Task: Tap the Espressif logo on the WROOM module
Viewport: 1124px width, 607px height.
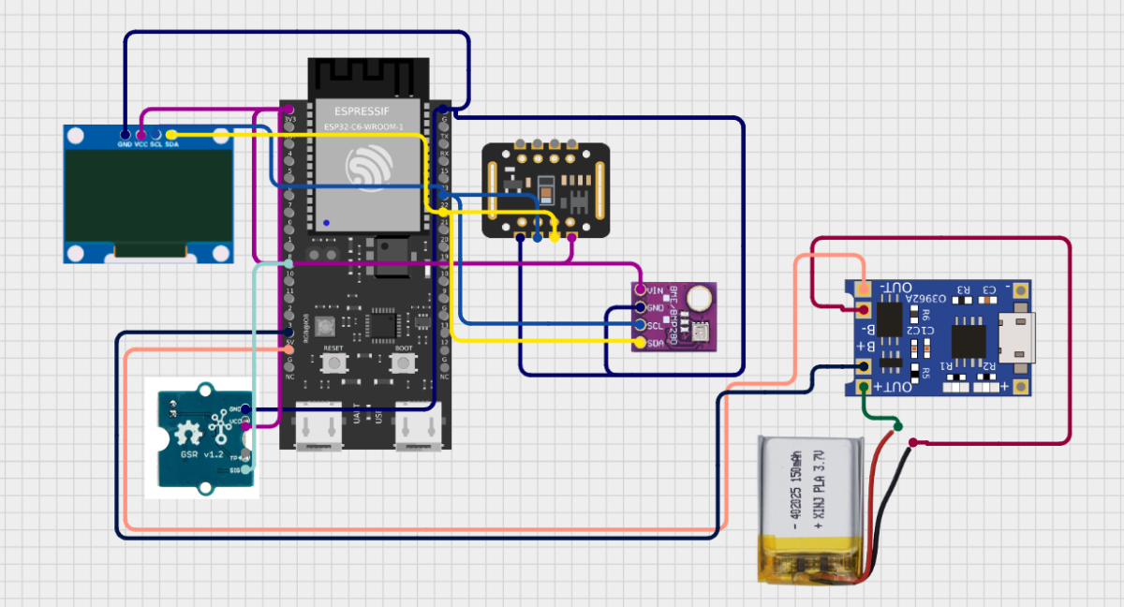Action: (366, 168)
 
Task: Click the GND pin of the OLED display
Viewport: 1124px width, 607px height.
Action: (125, 134)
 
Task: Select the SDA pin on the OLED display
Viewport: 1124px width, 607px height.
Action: (171, 134)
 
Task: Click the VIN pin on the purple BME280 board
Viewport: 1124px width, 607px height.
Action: (640, 290)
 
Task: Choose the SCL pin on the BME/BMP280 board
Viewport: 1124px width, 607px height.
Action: (640, 325)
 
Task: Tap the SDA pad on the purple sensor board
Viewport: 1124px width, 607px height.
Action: (640, 343)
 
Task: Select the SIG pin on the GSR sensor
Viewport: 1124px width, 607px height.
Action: (246, 468)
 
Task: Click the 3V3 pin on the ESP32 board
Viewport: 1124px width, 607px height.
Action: (288, 111)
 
